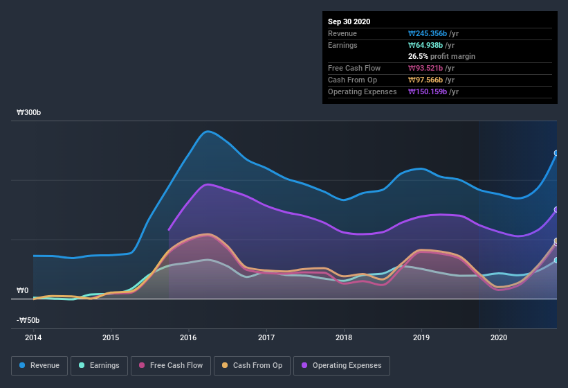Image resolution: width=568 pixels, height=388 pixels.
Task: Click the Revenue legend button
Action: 39,365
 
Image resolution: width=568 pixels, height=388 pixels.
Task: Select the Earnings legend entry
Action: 99,365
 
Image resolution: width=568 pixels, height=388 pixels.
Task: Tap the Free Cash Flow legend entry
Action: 170,365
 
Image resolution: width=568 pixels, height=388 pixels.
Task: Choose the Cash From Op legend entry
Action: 250,365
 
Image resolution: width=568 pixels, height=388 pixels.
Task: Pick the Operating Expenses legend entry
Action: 342,365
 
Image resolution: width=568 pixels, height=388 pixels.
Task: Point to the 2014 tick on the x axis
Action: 33,337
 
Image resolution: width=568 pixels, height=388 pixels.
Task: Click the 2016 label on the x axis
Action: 188,337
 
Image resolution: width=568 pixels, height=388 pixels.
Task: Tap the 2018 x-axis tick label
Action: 344,337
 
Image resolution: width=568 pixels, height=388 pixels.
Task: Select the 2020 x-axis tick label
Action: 499,337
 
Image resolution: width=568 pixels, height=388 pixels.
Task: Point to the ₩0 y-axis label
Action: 23,290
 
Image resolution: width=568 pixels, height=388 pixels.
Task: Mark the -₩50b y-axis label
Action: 28,320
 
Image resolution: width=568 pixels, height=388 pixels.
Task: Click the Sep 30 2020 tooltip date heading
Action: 349,21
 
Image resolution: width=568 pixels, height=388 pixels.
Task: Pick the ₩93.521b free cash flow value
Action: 431,68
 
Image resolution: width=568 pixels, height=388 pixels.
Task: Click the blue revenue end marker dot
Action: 556,154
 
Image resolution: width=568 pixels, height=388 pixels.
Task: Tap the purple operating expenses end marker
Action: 556,210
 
